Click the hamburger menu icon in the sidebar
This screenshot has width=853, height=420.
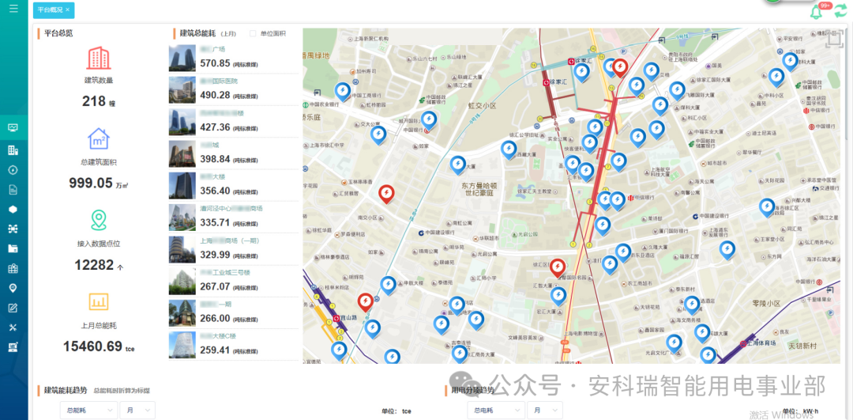click(13, 9)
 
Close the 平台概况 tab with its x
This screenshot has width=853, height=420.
click(67, 10)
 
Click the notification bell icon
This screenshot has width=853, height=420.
click(816, 12)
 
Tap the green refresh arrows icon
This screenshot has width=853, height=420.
click(840, 10)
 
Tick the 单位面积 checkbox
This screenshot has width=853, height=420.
click(253, 34)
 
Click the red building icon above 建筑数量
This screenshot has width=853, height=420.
click(99, 58)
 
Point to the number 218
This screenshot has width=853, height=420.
click(94, 101)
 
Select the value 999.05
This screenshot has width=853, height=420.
click(91, 183)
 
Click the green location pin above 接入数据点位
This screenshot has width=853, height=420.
click(99, 220)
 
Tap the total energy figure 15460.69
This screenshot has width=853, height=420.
click(92, 346)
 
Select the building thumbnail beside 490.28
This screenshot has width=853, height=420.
click(182, 90)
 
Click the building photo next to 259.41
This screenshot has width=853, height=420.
click(182, 346)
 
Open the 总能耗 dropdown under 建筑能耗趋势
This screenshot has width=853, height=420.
click(88, 410)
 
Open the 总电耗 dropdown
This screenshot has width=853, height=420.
click(495, 410)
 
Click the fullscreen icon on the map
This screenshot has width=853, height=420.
click(832, 39)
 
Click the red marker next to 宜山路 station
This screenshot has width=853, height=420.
click(365, 301)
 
